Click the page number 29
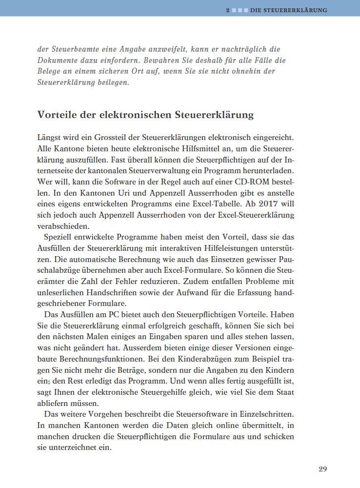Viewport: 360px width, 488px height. pos(322,469)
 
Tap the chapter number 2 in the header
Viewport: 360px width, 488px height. pos(227,10)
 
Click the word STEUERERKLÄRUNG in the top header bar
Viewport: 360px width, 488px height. pos(296,10)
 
